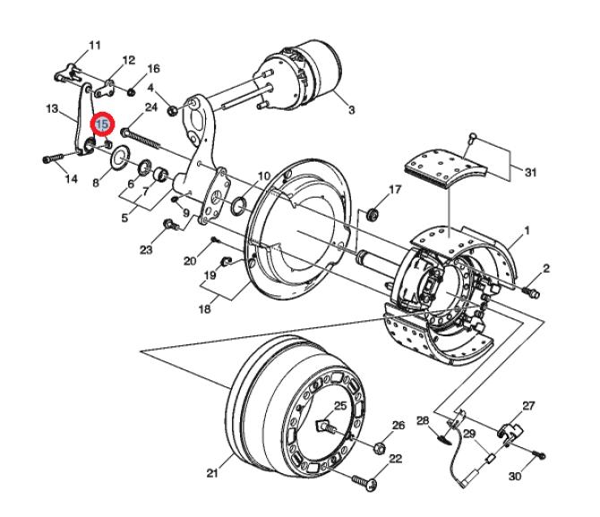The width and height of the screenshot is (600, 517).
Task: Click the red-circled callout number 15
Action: pyautogui.click(x=102, y=123)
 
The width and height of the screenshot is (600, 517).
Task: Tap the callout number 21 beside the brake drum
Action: pyautogui.click(x=212, y=473)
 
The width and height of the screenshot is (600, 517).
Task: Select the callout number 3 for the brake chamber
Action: pyautogui.click(x=351, y=110)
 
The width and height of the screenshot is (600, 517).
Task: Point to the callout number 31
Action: pyautogui.click(x=530, y=173)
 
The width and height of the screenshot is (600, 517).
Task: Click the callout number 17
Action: pyautogui.click(x=395, y=189)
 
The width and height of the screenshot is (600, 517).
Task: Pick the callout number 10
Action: pyautogui.click(x=264, y=176)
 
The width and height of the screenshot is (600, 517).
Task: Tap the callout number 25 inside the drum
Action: pyautogui.click(x=340, y=406)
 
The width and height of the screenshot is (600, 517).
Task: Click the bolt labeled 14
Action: pyautogui.click(x=53, y=157)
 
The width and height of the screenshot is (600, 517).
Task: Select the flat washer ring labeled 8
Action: pyautogui.click(x=121, y=157)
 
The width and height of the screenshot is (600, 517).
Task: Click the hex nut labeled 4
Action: pyautogui.click(x=173, y=111)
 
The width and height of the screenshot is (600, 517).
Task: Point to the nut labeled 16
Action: pyautogui.click(x=132, y=92)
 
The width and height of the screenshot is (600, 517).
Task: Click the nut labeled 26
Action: pyautogui.click(x=380, y=448)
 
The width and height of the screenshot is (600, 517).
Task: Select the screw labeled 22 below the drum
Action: pyautogui.click(x=364, y=482)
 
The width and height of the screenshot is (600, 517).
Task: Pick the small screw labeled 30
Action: pyautogui.click(x=540, y=454)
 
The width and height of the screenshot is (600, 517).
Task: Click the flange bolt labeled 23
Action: pyautogui.click(x=171, y=225)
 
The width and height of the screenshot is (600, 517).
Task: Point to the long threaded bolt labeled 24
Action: pyautogui.click(x=141, y=138)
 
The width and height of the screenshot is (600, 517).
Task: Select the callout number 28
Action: pyautogui.click(x=423, y=421)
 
